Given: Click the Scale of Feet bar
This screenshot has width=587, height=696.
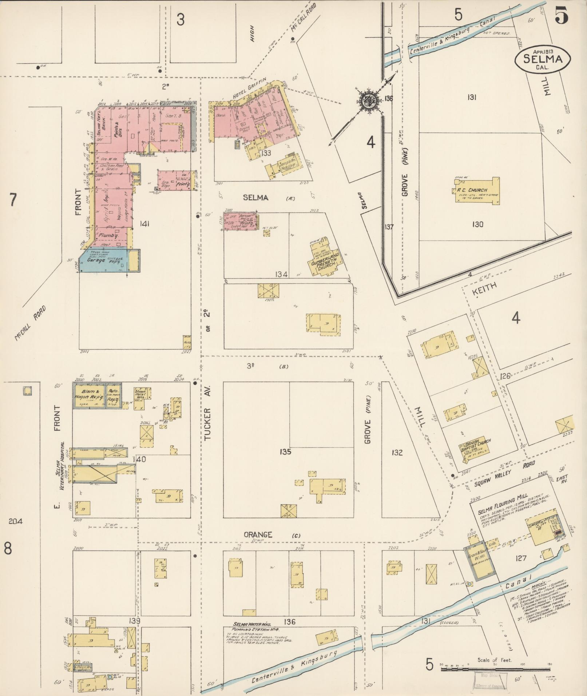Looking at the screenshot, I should tap(495, 669).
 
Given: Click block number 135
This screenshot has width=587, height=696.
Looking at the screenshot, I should tap(286, 452).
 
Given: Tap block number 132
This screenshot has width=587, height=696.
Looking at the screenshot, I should tap(397, 452).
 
